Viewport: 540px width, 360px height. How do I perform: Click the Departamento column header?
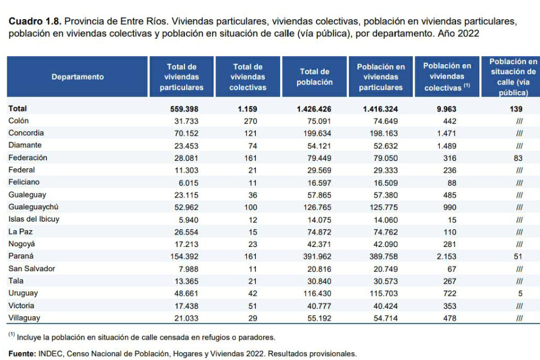coord(78,77)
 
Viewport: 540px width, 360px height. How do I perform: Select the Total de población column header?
coord(314,77)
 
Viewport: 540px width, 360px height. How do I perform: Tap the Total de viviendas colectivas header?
coord(248,77)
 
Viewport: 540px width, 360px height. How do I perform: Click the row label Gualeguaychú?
coord(33,207)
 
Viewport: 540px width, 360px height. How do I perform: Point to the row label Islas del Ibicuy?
coord(34,219)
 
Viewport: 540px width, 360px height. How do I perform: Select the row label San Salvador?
coord(31,269)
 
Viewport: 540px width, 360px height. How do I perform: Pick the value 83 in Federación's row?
coord(518,158)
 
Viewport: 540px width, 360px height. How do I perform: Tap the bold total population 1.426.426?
coord(314,109)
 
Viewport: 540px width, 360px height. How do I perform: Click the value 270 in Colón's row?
coord(250,121)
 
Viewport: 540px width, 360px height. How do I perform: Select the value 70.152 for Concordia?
coord(186,133)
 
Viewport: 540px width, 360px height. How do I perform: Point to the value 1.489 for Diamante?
coord(447,146)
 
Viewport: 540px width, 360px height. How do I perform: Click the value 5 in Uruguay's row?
coord(520,294)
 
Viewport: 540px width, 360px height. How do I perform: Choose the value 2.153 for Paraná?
coord(446,256)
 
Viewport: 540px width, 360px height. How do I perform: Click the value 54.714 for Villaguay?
coord(386,318)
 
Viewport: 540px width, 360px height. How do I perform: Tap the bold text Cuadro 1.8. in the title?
coord(35,21)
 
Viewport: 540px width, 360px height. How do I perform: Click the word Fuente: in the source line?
coord(22,354)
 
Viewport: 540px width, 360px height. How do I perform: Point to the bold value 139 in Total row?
coord(516,109)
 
